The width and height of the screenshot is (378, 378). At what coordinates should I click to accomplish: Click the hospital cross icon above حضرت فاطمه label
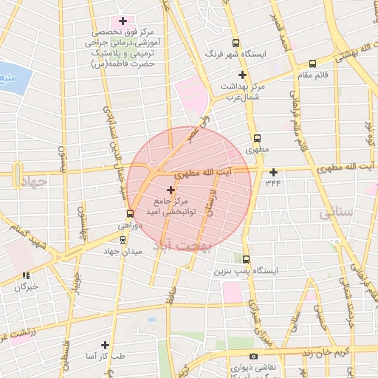tap(123, 21)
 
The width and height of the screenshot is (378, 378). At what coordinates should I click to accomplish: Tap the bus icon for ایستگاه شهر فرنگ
tap(236, 43)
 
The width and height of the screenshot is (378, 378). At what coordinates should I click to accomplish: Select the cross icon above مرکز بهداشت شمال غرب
tap(243, 75)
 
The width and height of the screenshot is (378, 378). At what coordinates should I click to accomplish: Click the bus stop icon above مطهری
tap(257, 138)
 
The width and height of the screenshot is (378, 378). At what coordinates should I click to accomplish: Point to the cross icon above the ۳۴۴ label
tap(273, 172)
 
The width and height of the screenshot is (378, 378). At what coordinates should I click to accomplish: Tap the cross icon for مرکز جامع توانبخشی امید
tap(172, 190)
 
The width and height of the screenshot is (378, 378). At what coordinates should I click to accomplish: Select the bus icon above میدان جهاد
tap(123, 238)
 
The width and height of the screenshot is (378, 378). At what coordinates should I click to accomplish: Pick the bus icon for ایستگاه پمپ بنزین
tap(246, 259)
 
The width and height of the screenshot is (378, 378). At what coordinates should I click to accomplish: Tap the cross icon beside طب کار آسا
tap(105, 345)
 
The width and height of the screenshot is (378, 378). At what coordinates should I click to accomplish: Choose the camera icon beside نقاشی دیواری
tap(253, 357)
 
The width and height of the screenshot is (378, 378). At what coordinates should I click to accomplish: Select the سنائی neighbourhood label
tap(337, 213)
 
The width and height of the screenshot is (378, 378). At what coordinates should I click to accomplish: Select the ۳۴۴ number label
tap(273, 182)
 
